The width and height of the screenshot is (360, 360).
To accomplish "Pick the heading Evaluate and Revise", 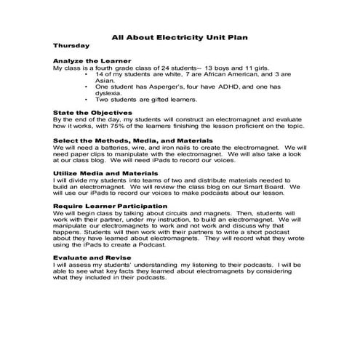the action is tap(91, 257).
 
